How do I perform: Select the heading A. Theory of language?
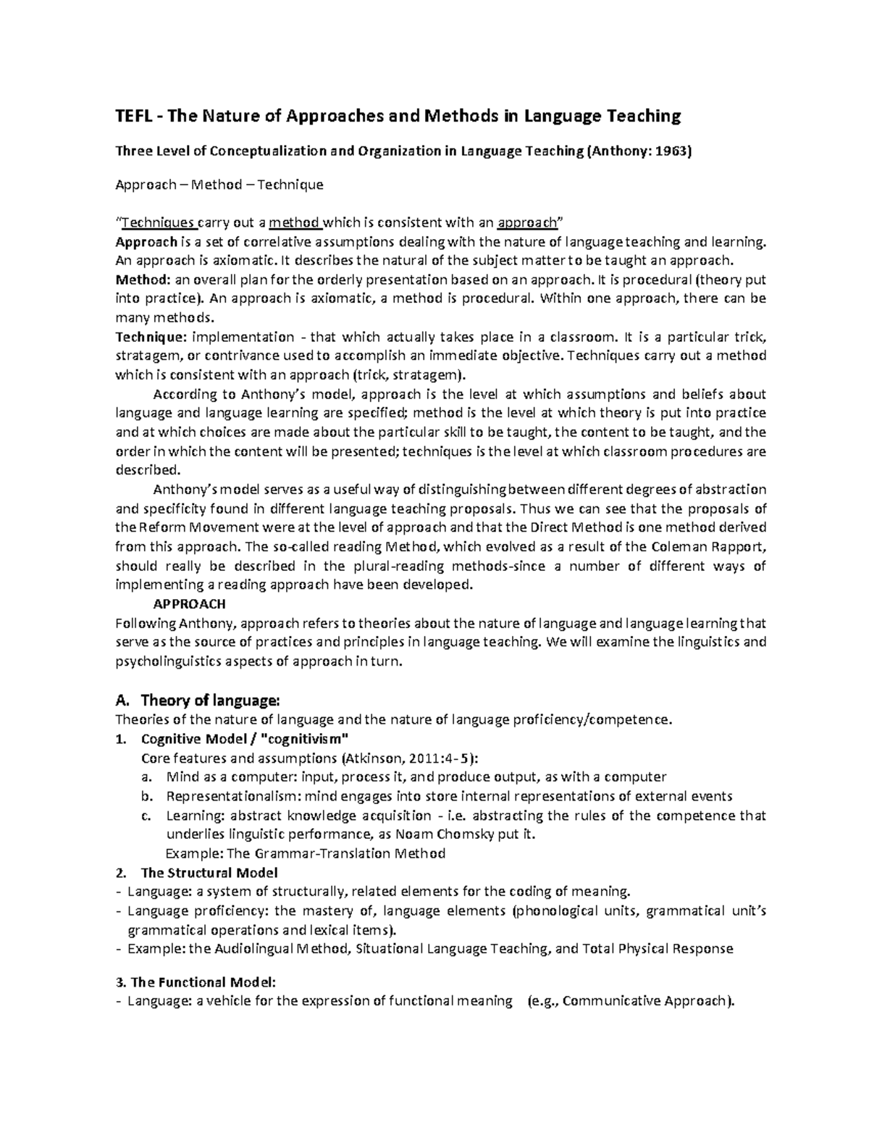tap(196, 700)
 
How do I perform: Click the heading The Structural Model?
tap(209, 872)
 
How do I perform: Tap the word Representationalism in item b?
tap(230, 796)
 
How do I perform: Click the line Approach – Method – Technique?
tap(219, 185)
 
